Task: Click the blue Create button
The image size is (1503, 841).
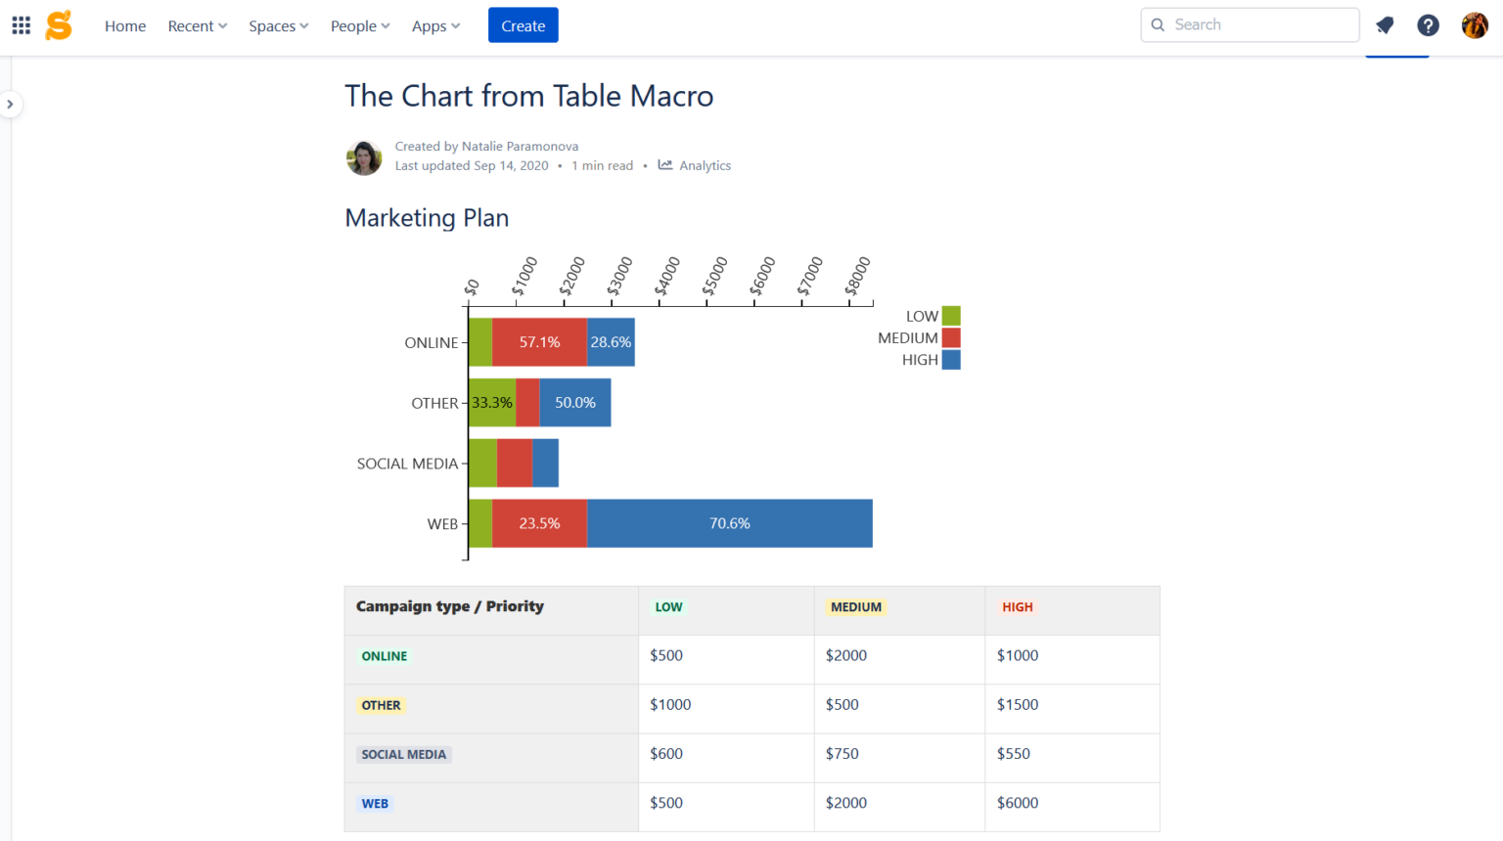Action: pos(523,25)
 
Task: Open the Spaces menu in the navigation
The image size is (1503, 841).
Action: pos(278,26)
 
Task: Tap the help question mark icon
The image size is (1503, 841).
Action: pos(1428,25)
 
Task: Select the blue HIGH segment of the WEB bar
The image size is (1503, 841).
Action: pos(729,524)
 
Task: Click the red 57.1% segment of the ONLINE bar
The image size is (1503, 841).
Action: pos(539,342)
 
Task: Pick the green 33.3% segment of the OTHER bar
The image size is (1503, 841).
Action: pos(491,403)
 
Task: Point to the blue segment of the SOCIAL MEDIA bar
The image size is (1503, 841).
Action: pos(545,464)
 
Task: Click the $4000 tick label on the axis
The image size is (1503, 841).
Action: pos(667,277)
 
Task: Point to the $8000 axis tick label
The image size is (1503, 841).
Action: pos(857,277)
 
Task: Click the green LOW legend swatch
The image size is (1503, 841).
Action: pos(950,316)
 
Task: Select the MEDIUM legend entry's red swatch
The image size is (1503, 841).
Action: pos(950,338)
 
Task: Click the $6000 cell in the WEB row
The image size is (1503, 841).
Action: pos(1018,803)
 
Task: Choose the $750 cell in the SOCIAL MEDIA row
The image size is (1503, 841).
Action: pos(842,754)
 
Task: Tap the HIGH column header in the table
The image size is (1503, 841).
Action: pos(1017,607)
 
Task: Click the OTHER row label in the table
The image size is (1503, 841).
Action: pos(381,705)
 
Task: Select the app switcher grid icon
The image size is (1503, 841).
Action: pos(21,25)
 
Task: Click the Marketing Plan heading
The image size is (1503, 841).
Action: pos(427,218)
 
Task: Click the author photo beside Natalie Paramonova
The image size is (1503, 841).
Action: pos(364,157)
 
